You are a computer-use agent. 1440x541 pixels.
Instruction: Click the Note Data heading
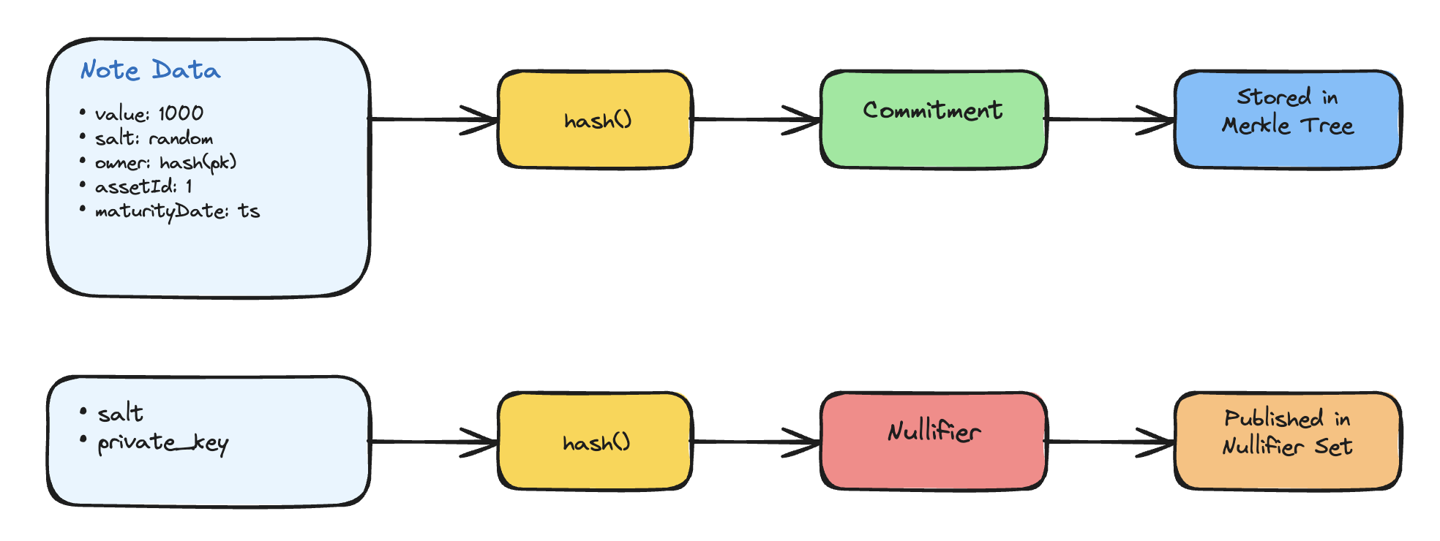[150, 70]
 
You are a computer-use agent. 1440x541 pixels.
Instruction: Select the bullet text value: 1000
[149, 113]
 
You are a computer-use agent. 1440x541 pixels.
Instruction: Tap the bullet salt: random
[154, 138]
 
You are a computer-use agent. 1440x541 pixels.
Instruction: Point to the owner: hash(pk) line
[165, 162]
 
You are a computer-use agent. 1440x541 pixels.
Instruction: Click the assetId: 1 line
[143, 186]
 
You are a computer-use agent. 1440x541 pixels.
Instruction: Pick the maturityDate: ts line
[177, 211]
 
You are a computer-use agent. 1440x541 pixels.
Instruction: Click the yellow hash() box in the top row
[595, 120]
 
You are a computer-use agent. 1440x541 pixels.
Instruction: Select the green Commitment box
[933, 120]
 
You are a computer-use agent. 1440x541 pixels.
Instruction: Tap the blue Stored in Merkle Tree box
[1287, 120]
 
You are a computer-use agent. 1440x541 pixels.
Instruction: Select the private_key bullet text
[162, 443]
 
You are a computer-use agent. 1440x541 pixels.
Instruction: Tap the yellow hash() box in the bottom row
[595, 442]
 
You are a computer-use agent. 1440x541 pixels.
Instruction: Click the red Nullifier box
[933, 442]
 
